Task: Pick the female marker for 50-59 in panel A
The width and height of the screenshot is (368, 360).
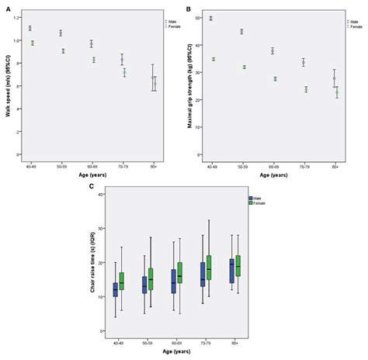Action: tap(64, 51)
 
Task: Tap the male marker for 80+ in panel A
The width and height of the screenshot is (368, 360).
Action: tap(153, 78)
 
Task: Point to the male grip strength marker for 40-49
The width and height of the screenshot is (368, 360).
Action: tap(211, 18)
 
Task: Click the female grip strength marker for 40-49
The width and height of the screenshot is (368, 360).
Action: tap(214, 59)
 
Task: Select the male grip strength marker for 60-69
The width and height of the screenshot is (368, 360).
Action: tap(273, 51)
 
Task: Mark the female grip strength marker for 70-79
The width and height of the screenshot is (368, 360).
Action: tap(306, 89)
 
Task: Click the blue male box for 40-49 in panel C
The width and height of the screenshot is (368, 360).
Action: tap(116, 289)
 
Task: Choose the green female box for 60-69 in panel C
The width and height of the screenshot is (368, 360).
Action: tap(180, 272)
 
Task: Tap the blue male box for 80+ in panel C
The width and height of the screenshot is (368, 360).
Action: tap(231, 271)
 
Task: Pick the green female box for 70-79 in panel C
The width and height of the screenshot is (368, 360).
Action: tap(209, 267)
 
